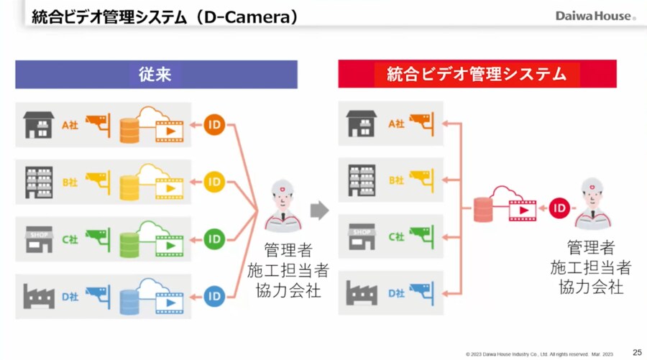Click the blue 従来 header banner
coord(156,74)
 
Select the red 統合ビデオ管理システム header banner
coord(477,74)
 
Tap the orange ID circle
coord(214,124)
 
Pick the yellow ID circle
coord(214,182)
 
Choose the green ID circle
coord(214,239)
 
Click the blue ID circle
coord(214,295)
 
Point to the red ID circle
coord(560,209)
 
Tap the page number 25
coord(637,351)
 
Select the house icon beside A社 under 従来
coord(39,124)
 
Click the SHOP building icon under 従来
coord(39,239)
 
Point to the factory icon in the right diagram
coord(362,293)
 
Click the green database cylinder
coord(129,244)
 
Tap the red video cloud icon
coord(512,205)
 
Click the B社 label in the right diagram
coord(396,180)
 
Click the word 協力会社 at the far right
coord(590,287)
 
